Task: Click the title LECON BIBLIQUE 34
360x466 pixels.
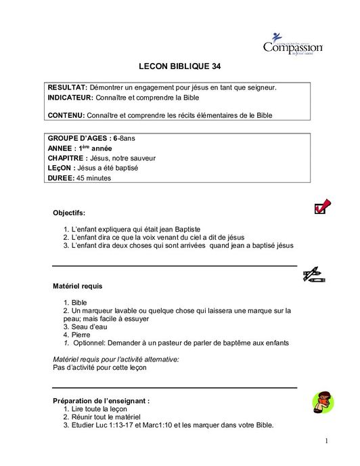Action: (x=179, y=67)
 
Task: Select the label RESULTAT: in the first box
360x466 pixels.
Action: (x=68, y=88)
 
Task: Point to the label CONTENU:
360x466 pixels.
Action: (x=66, y=116)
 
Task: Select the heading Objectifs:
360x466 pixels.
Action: (x=69, y=213)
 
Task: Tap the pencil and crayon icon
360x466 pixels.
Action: (x=314, y=274)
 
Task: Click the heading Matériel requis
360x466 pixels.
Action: (x=78, y=287)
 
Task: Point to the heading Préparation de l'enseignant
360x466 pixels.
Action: (x=101, y=401)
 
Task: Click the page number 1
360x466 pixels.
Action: (x=325, y=441)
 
